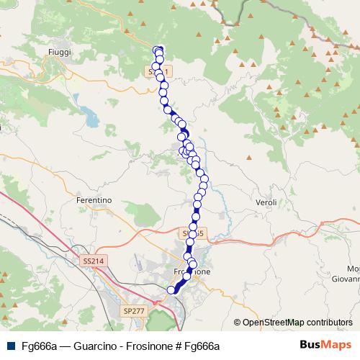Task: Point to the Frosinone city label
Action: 193,272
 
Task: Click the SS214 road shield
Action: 93,260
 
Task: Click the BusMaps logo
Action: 325,346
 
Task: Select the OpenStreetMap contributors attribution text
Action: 297,323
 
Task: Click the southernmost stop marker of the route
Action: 171,289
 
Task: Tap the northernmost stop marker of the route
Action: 159,50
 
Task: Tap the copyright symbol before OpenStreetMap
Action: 237,323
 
